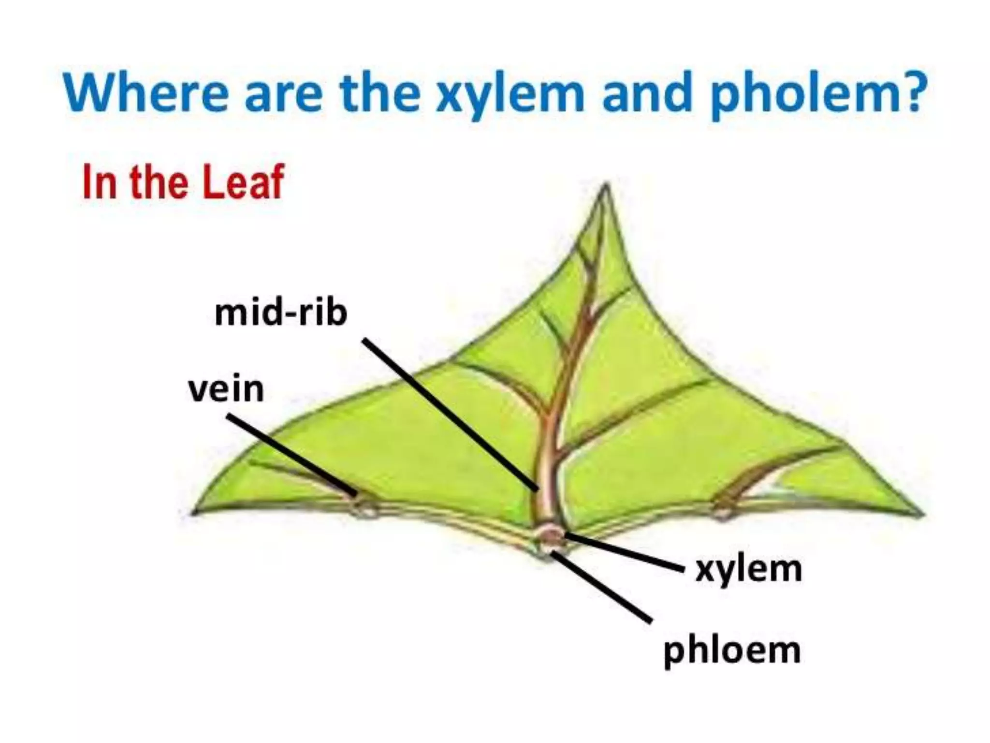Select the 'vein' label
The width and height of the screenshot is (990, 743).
tap(226, 389)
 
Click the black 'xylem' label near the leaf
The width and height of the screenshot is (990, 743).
tap(748, 570)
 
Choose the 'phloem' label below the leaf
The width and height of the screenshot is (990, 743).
tap(732, 651)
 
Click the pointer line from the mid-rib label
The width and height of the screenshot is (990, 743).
tap(450, 414)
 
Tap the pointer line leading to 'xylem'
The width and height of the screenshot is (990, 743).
tap(624, 552)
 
